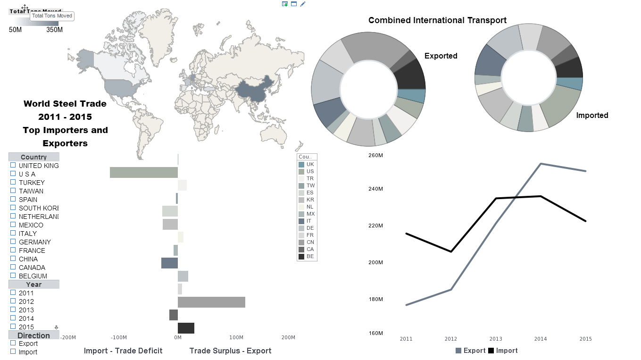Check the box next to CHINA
tap(13, 259)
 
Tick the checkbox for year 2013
tap(13, 310)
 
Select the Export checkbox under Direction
tap(13, 343)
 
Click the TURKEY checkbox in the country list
tap(13, 183)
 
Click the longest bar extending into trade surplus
tap(211, 302)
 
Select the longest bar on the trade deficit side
tap(143, 173)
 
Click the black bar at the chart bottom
tap(186, 328)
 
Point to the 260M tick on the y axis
tap(375, 156)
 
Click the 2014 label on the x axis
tap(540, 339)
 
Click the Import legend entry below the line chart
tap(503, 351)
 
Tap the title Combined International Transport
tap(437, 20)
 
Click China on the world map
tap(255, 90)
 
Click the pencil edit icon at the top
tap(303, 4)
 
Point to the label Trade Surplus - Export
tap(230, 351)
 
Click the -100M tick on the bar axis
tap(118, 338)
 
